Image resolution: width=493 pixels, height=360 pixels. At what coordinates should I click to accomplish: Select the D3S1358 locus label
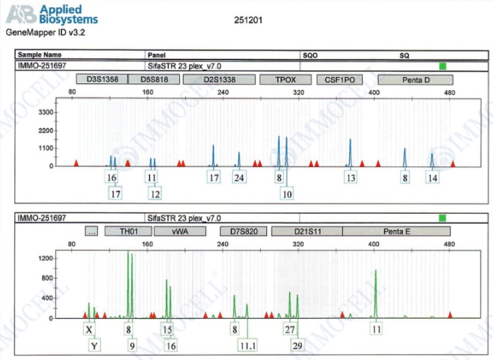[x=102, y=80]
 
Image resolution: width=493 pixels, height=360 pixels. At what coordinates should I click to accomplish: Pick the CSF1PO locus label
[x=340, y=80]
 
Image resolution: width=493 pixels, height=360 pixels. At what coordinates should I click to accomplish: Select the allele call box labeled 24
[x=239, y=178]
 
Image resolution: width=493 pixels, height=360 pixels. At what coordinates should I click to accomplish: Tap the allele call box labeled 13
[x=350, y=178]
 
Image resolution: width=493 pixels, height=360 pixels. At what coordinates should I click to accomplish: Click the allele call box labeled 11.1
[x=247, y=345]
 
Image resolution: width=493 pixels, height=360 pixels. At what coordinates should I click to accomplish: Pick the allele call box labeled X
[x=89, y=329]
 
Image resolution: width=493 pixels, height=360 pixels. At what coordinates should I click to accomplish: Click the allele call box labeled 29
[x=298, y=345]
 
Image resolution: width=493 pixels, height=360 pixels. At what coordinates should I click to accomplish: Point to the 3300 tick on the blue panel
[x=44, y=112]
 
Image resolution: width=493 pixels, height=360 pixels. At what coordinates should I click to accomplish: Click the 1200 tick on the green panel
[x=44, y=259]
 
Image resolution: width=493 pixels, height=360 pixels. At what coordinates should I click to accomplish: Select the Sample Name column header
[x=40, y=55]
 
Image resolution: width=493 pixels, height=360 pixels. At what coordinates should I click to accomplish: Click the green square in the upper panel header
[x=442, y=66]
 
